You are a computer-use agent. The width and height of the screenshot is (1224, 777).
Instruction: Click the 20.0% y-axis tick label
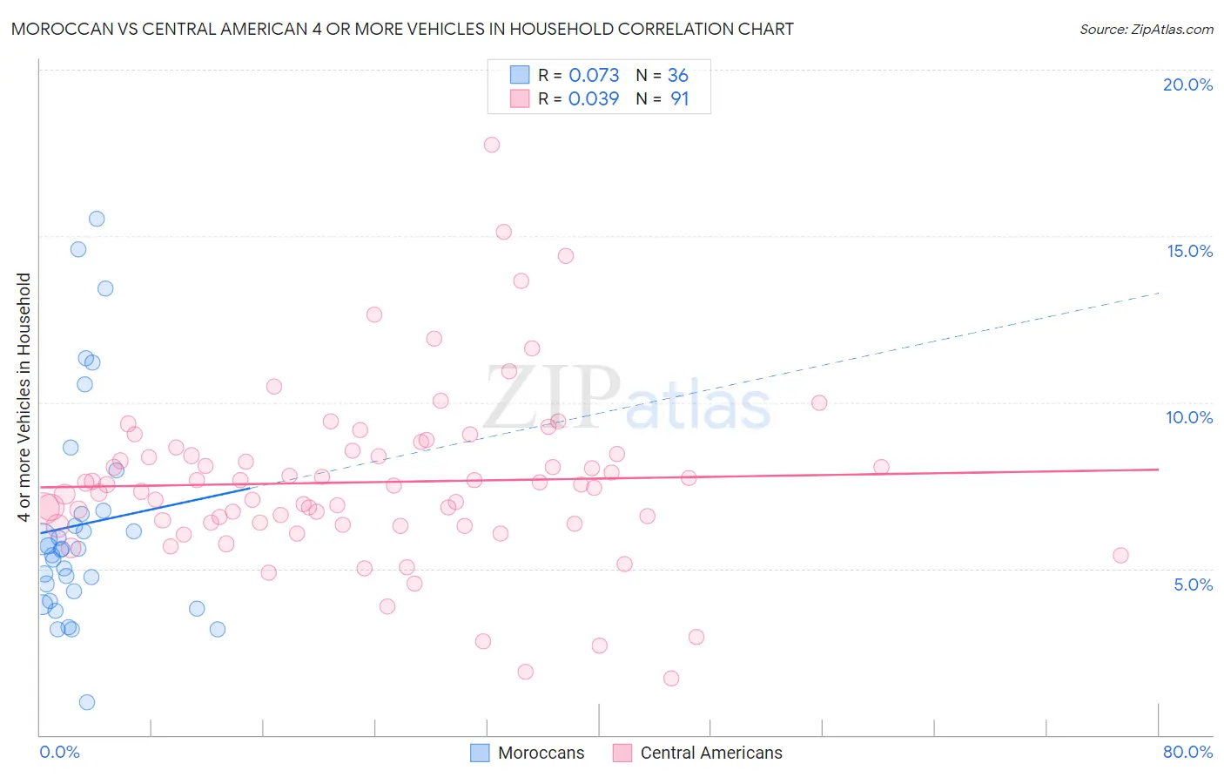click(x=1187, y=84)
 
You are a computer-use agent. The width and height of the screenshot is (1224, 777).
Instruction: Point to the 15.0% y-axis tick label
click(x=1189, y=251)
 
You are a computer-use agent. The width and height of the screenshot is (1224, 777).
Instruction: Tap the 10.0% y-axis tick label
click(x=1189, y=417)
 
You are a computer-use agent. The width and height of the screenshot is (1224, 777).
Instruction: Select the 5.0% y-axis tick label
click(x=1193, y=584)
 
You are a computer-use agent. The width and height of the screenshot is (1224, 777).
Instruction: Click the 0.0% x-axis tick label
click(x=59, y=752)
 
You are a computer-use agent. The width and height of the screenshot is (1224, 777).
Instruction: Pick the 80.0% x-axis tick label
click(x=1187, y=752)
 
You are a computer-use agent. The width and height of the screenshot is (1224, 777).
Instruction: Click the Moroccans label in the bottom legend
click(x=541, y=753)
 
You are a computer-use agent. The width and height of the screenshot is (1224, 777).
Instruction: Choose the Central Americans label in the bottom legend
click(x=711, y=753)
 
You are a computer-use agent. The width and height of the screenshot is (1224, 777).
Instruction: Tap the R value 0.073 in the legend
click(x=594, y=75)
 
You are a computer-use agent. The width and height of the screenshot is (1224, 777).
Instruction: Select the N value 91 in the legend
click(x=679, y=98)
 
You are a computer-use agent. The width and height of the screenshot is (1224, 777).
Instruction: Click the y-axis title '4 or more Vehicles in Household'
click(x=24, y=397)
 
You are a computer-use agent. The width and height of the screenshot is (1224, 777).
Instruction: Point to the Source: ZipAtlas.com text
click(x=1146, y=29)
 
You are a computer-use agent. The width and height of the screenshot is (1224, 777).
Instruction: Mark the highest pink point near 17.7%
click(x=492, y=145)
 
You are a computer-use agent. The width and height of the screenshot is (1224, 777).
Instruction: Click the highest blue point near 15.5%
click(x=97, y=219)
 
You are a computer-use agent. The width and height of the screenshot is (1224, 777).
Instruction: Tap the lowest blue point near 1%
click(x=87, y=702)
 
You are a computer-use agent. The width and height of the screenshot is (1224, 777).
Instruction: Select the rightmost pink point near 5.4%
click(x=1120, y=556)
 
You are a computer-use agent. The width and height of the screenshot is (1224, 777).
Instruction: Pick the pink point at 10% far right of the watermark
click(x=819, y=402)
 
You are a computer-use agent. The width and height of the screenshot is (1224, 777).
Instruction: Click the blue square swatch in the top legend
click(x=520, y=75)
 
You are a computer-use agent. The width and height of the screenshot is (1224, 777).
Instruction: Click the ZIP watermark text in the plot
click(x=551, y=397)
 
